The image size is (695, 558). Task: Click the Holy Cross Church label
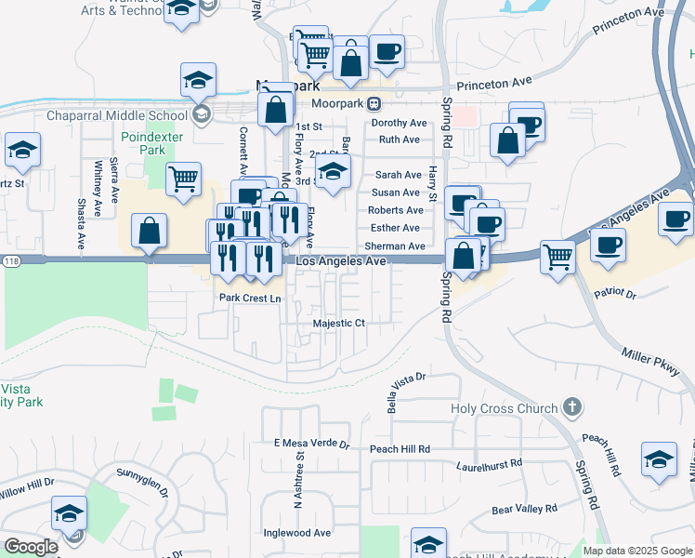504,408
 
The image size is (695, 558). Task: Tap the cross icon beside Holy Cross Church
572,407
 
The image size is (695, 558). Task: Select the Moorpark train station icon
374,102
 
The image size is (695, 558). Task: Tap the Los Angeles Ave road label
341,262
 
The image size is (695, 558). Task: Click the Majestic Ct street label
339,323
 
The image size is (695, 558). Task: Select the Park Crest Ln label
249,299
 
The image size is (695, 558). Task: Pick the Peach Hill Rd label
400,448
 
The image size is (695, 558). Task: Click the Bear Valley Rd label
524,509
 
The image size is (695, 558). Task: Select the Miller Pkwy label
657,359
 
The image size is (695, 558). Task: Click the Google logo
31,547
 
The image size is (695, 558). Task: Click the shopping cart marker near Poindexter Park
183,179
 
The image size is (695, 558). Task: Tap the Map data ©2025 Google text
636,551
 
